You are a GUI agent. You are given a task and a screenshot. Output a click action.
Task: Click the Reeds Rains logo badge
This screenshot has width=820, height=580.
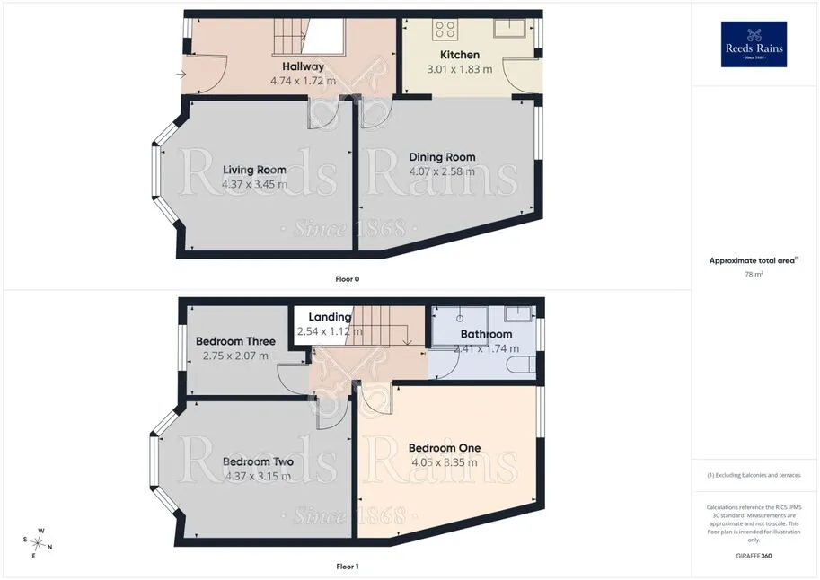point(754,44)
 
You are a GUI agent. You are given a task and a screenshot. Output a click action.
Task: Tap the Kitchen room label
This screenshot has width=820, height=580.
point(460,55)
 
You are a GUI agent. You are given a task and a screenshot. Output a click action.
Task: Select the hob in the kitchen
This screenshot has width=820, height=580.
point(445,30)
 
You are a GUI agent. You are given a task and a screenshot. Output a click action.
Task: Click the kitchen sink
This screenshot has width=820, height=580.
point(510,28)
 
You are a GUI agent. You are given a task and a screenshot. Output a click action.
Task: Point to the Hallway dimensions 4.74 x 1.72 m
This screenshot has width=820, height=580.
point(304,81)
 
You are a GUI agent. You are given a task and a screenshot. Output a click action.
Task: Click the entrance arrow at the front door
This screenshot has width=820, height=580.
point(181,75)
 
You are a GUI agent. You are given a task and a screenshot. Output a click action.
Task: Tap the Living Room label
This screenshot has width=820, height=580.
point(255,170)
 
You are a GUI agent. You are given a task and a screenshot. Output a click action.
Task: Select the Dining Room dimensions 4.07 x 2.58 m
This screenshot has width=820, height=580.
point(442,171)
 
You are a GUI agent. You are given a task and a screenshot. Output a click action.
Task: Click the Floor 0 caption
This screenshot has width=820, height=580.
point(348,279)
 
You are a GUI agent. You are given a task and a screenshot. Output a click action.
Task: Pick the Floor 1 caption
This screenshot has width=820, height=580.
point(348,567)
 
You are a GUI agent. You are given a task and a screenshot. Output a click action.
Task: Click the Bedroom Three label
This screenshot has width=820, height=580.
point(236,341)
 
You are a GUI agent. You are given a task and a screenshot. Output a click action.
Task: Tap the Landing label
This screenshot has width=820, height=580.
point(330,317)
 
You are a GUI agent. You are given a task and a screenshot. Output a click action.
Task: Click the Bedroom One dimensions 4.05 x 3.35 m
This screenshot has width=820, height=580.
point(445,463)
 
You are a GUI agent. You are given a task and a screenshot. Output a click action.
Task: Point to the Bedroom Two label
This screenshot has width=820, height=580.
point(258,461)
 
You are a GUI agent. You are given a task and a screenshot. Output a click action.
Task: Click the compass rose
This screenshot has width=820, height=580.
point(38,543)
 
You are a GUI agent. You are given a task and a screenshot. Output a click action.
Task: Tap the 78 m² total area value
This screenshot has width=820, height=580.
point(754,274)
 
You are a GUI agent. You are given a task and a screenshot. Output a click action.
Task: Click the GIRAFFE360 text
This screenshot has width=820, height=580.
point(754,556)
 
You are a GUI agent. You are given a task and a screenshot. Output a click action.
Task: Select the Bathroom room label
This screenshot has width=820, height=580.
point(487,334)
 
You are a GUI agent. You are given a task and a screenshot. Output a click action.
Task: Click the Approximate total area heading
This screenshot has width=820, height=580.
point(753,260)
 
